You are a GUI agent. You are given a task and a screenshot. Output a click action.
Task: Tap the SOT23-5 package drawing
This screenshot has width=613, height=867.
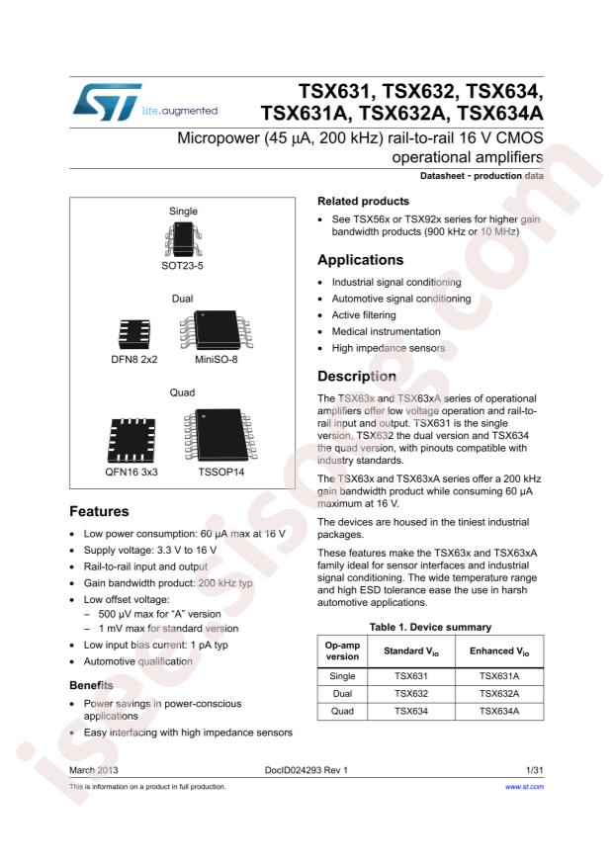(183, 239)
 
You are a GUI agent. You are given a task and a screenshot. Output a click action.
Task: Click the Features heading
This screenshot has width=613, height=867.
(99, 512)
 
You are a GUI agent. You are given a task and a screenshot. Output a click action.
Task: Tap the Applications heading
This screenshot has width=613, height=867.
(360, 260)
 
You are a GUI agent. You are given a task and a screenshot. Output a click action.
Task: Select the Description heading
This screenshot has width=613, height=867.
(356, 377)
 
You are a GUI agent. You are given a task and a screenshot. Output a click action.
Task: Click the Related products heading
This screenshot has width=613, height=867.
(362, 201)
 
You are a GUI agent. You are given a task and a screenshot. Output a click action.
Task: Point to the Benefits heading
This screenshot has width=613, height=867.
(93, 685)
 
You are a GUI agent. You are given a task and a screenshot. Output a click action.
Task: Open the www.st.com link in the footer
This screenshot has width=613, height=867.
(524, 787)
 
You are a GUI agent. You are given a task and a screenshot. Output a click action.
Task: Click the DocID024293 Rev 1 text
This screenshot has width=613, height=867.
(306, 768)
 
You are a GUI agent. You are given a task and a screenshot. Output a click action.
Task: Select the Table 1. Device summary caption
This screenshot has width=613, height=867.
(430, 626)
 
